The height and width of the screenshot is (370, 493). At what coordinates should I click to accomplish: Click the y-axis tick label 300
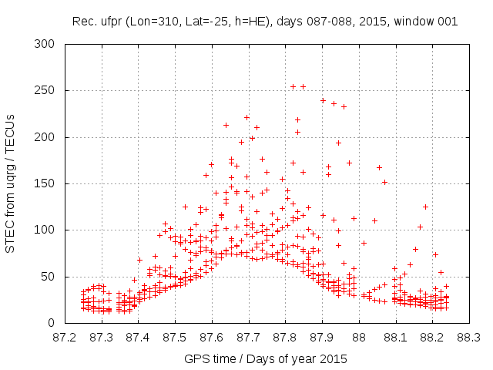[x=48, y=44]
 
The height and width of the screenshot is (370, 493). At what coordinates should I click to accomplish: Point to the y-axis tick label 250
[x=48, y=91]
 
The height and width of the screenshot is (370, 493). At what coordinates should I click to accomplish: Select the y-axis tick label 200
[x=48, y=137]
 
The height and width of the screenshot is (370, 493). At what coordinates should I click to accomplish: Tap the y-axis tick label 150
[x=48, y=183]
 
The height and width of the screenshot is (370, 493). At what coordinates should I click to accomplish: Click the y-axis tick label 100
[x=48, y=230]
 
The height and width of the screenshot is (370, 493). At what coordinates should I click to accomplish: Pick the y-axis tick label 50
[x=51, y=277]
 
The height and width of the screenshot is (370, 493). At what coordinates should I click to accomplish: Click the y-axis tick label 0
[x=54, y=323]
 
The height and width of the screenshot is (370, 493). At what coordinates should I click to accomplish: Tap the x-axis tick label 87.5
[x=175, y=337]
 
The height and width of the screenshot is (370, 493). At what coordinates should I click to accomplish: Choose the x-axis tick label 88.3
[x=468, y=337]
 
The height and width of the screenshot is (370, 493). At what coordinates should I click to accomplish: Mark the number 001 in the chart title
[x=446, y=22]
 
